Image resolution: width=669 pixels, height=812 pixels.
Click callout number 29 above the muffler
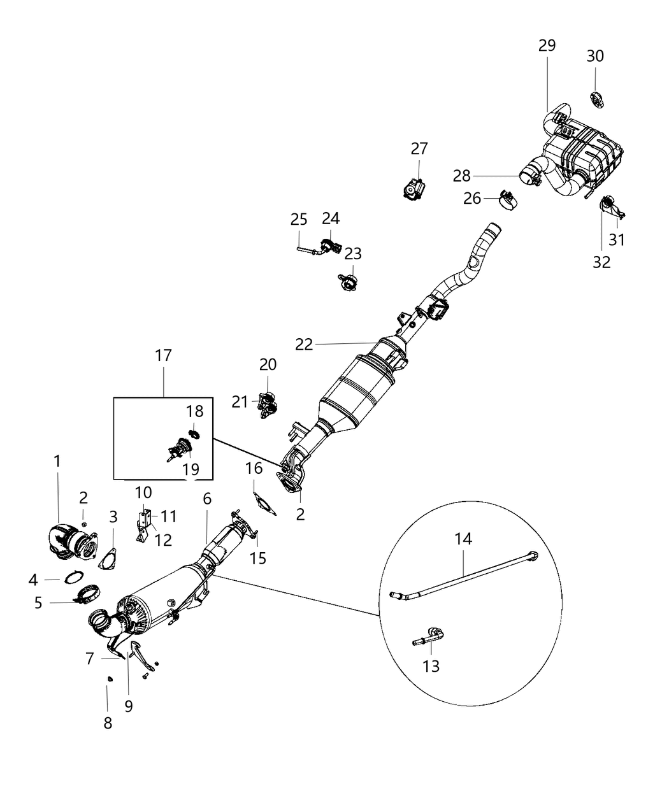(547, 46)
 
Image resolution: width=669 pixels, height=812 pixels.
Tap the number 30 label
(595, 56)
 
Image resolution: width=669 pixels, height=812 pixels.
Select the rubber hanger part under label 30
(598, 99)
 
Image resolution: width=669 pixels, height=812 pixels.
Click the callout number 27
(419, 148)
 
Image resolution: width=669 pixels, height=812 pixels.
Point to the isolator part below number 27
(415, 189)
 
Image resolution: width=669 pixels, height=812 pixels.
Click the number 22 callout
(304, 344)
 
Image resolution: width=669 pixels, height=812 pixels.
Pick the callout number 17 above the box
(163, 355)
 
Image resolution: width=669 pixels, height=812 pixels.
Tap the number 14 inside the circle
(463, 539)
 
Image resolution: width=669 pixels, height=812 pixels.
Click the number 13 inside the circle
(431, 666)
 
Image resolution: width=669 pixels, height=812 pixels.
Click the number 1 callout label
(57, 460)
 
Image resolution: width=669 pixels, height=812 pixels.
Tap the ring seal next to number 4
(73, 578)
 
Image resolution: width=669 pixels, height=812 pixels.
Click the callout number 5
(38, 602)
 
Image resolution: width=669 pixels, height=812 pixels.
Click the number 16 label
(254, 469)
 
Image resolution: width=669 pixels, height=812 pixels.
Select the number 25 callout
(299, 220)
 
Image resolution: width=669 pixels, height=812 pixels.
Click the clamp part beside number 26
(508, 199)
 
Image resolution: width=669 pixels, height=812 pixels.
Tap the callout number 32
(601, 261)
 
